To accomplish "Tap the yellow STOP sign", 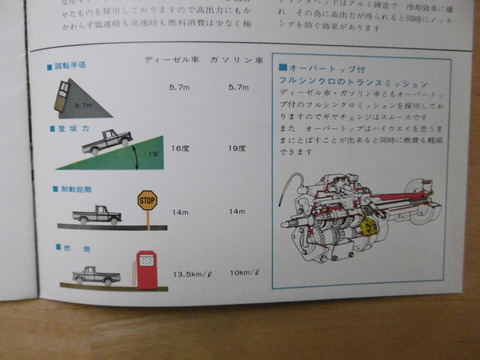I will click(x=147, y=200).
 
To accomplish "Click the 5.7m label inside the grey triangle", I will click(x=81, y=103).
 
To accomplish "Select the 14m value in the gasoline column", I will click(x=237, y=212).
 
